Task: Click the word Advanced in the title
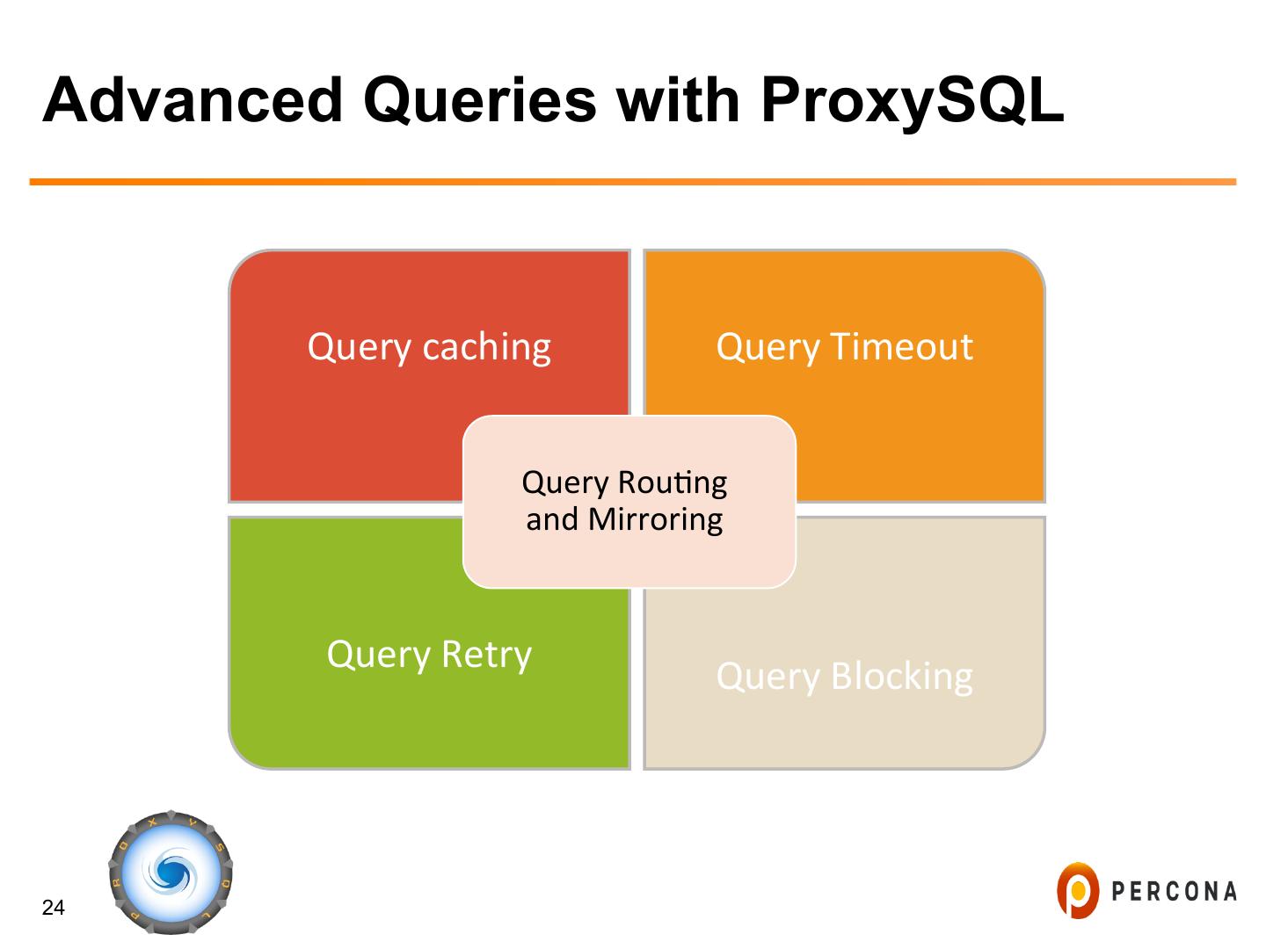coord(193,99)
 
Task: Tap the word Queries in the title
coord(480,99)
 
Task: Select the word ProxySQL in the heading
coord(912,99)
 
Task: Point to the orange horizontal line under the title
coord(633,182)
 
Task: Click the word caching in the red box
coord(486,347)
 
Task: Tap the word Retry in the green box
coord(486,655)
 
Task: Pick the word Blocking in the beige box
coord(901,677)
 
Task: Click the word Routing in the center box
coord(673,482)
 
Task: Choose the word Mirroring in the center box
coord(655,519)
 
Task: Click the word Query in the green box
coord(379,656)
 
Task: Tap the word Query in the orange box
coord(768,347)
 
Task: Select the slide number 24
coord(54,908)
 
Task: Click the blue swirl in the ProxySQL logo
coord(171,873)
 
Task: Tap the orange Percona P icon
coord(1078,890)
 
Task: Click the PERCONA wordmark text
coord(1175,892)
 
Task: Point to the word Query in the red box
coord(359,347)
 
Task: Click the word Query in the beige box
coord(768,677)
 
